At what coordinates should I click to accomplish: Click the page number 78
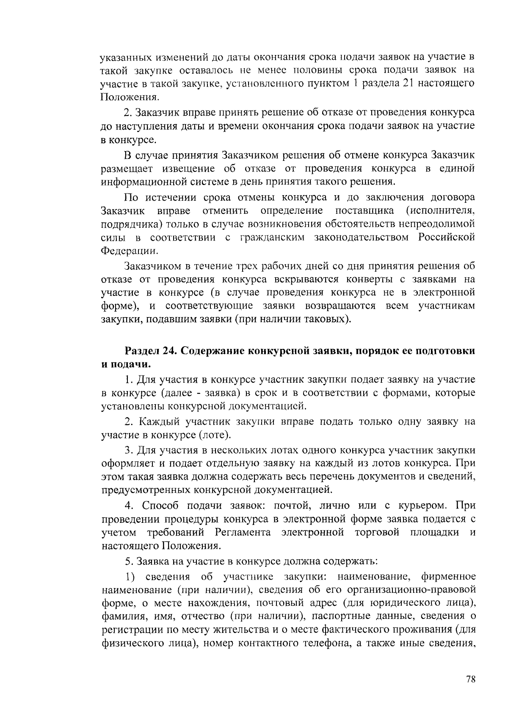(x=470, y=679)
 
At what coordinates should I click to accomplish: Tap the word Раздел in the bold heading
(x=143, y=351)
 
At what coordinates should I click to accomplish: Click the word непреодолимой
(x=442, y=224)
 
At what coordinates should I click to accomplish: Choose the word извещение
(x=190, y=168)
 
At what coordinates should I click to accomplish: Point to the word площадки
(x=434, y=532)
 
